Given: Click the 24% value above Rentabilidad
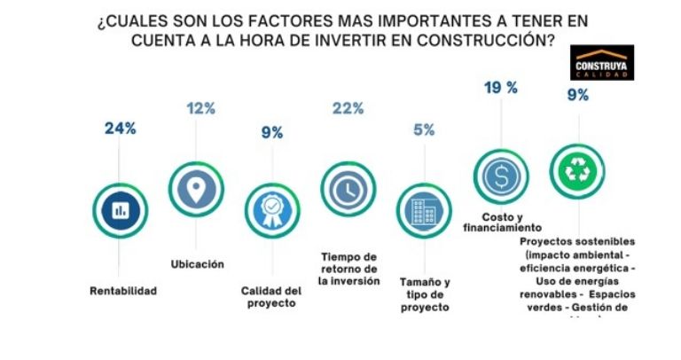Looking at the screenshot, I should (120, 128).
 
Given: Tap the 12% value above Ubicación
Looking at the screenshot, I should (200, 108).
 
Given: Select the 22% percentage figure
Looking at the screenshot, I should (348, 108).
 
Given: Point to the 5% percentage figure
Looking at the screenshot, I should (424, 129).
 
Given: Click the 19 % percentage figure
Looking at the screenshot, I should (502, 87).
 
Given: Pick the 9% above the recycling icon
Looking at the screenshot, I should (577, 95).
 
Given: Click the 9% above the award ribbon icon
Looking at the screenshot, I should (272, 133).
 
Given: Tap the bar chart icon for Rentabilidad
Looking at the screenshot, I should (120, 210).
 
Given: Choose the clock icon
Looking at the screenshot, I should (348, 188).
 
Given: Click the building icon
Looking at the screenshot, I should (423, 211).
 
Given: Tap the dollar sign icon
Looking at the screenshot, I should (501, 176).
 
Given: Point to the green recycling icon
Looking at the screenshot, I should (576, 169).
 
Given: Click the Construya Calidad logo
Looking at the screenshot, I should (602, 63).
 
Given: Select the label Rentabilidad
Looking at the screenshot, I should (122, 290).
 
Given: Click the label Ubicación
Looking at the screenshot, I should (197, 263).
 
